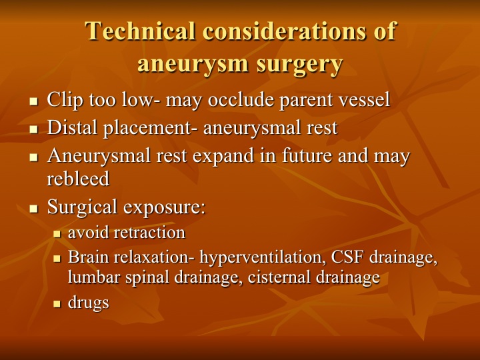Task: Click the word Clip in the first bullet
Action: [x=65, y=101]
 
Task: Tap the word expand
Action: [x=223, y=156]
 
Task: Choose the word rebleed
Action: [x=78, y=179]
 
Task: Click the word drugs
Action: [x=89, y=303]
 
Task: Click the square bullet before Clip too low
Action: [x=34, y=101]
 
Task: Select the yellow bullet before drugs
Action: [x=57, y=304]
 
